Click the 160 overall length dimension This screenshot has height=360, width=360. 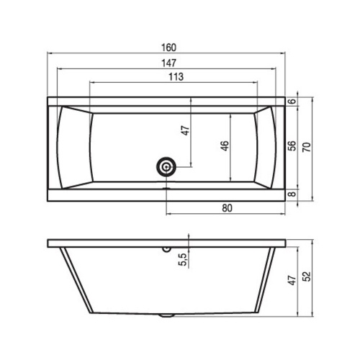168,48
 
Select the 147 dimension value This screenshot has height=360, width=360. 168,63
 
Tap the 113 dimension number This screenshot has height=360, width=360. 176,77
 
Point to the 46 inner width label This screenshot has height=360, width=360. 225,146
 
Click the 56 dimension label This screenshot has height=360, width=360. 292,146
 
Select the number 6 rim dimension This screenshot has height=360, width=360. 292,101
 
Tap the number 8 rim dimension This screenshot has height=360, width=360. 292,194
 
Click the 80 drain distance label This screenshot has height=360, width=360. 227,208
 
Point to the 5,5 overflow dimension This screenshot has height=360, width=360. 183,259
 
